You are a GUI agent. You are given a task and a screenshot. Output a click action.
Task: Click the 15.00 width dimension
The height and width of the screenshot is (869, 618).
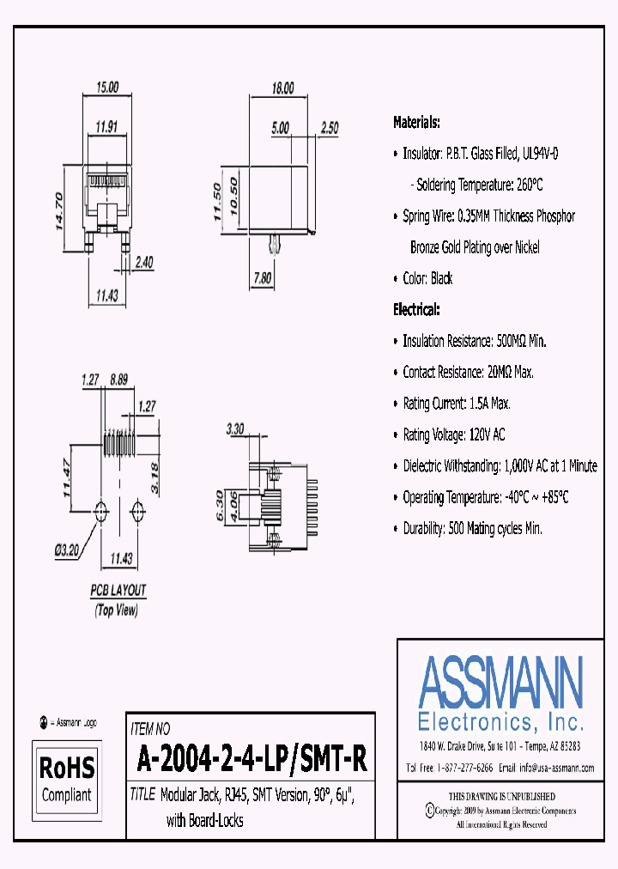pos(107,88)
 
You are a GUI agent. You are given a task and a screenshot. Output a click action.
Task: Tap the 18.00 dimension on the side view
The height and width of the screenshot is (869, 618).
pos(282,88)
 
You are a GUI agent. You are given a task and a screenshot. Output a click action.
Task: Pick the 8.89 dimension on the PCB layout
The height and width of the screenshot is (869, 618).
pos(118,379)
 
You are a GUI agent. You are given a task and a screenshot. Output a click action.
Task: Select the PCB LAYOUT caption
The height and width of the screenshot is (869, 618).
pos(118,590)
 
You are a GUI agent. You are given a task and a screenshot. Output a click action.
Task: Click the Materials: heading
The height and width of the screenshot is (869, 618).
pos(416,122)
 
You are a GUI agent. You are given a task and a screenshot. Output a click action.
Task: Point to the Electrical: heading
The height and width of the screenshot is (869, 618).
pos(416,309)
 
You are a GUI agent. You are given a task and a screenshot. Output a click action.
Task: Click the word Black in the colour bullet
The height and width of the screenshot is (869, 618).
pos(441,278)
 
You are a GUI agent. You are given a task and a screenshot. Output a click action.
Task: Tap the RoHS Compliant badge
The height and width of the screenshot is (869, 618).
pos(67,777)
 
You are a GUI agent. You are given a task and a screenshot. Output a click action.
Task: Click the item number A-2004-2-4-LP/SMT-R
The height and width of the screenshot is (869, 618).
pos(251,759)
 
